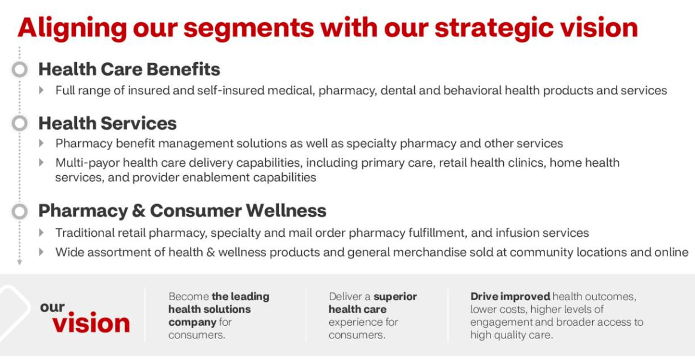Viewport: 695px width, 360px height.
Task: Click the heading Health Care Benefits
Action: (x=129, y=69)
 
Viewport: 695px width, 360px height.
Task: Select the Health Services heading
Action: (x=108, y=123)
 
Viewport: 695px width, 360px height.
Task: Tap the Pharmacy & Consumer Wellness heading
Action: (x=182, y=210)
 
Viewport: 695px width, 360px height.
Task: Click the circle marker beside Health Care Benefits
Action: (x=20, y=69)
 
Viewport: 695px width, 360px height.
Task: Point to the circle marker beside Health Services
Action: (x=20, y=123)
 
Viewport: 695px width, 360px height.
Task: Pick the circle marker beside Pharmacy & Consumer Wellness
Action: (x=20, y=211)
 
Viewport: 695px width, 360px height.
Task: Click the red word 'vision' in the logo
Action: (x=91, y=323)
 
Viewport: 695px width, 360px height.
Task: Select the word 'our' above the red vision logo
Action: (x=53, y=307)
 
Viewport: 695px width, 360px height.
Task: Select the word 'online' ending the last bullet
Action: (x=671, y=252)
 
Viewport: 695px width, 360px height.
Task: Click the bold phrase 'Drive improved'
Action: (x=510, y=296)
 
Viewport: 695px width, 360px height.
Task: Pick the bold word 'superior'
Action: (x=395, y=296)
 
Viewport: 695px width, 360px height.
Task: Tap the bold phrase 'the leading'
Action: (x=240, y=296)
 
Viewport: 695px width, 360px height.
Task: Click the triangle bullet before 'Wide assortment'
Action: (x=41, y=252)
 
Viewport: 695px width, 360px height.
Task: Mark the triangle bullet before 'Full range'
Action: (x=41, y=90)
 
